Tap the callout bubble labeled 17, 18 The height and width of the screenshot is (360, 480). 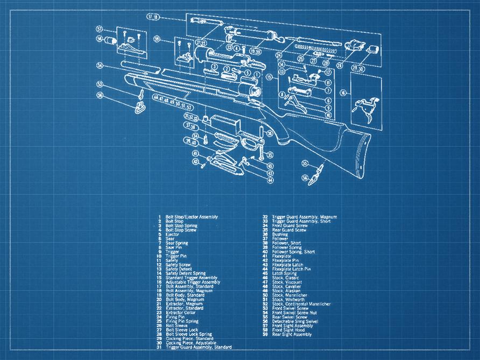(x=153, y=17)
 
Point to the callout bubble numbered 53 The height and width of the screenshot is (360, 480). (x=100, y=84)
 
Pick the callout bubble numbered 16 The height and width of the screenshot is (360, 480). (x=343, y=93)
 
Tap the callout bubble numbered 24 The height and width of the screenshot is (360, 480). (x=279, y=55)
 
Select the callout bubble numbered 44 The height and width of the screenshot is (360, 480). (x=270, y=180)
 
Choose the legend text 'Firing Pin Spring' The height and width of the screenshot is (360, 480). (x=182, y=321)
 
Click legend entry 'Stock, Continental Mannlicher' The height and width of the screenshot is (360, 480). (x=301, y=304)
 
